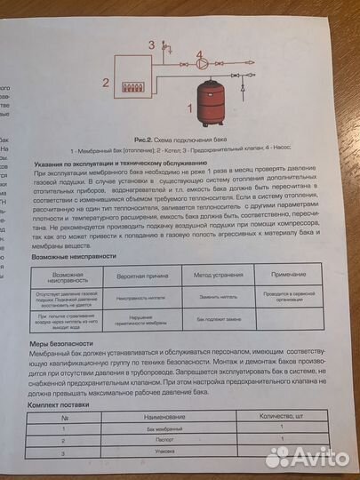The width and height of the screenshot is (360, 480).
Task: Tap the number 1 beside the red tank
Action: pyautogui.click(x=188, y=108)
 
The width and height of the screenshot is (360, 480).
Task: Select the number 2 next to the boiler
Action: pyautogui.click(x=106, y=84)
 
